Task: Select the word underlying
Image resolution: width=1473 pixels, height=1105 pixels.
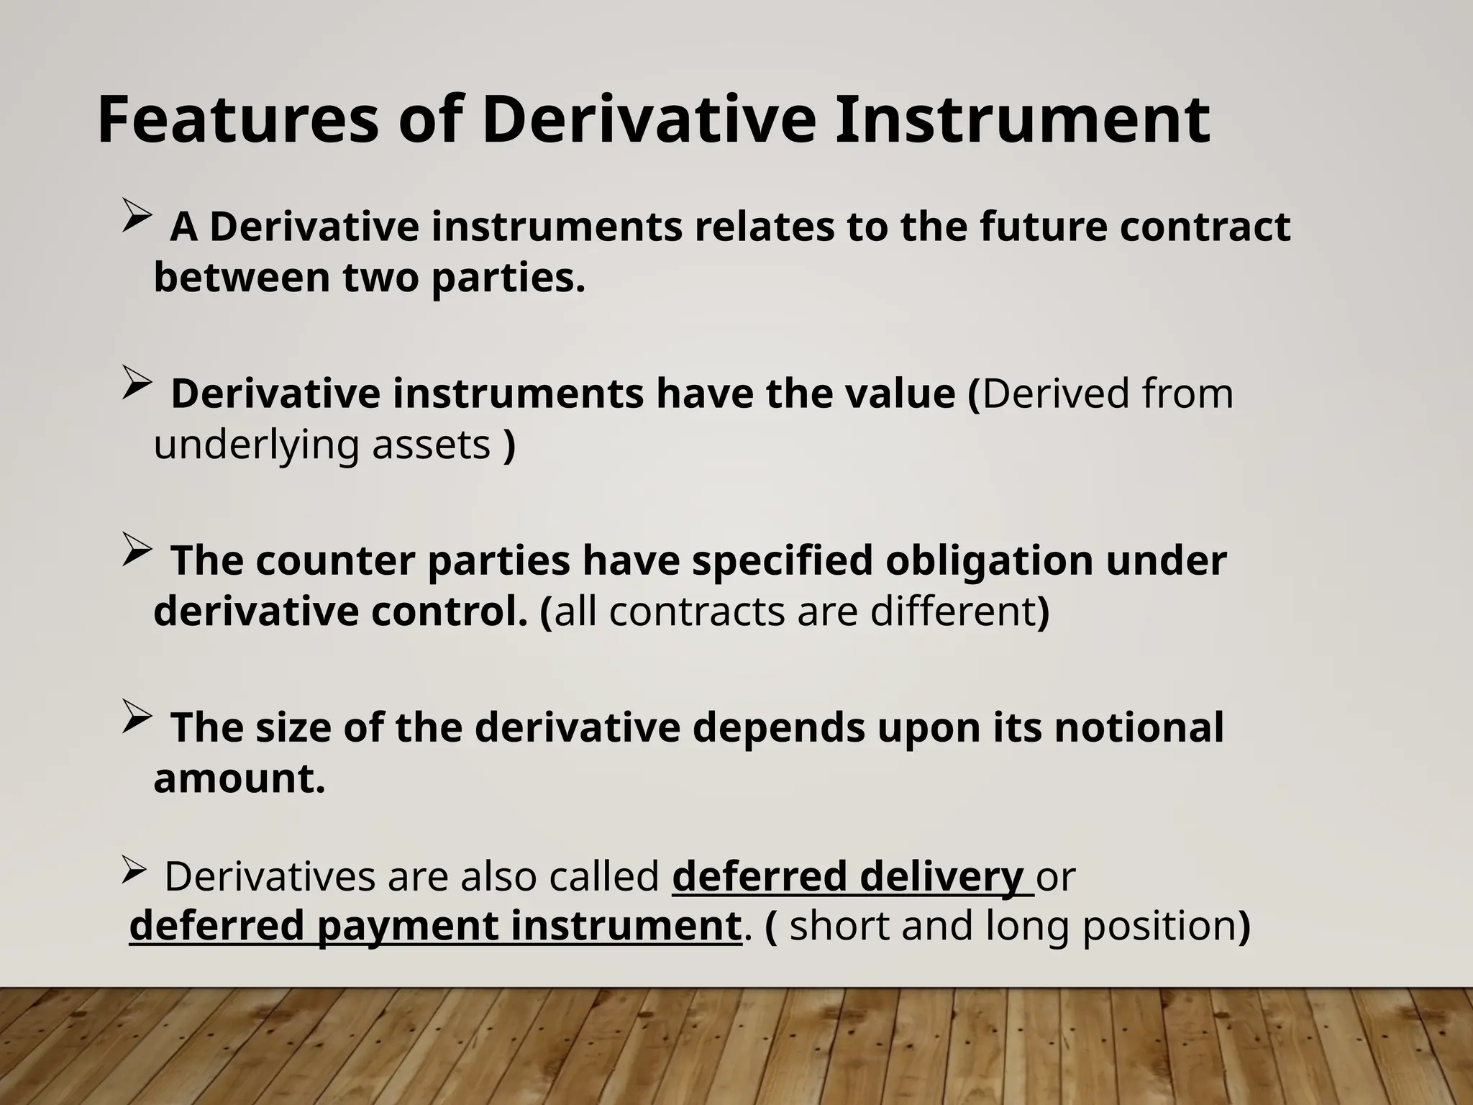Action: pyautogui.click(x=256, y=445)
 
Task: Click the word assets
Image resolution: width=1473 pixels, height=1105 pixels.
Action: pyautogui.click(x=431, y=445)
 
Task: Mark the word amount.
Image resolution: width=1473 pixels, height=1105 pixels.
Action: pyautogui.click(x=240, y=778)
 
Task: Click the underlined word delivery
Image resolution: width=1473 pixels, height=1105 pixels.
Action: pyautogui.click(x=941, y=876)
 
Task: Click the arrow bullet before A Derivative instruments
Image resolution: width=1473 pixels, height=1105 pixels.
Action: pyautogui.click(x=136, y=216)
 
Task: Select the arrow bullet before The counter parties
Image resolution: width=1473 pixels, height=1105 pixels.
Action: pyautogui.click(x=136, y=550)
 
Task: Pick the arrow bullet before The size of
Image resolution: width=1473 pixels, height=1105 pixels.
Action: pyautogui.click(x=136, y=717)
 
